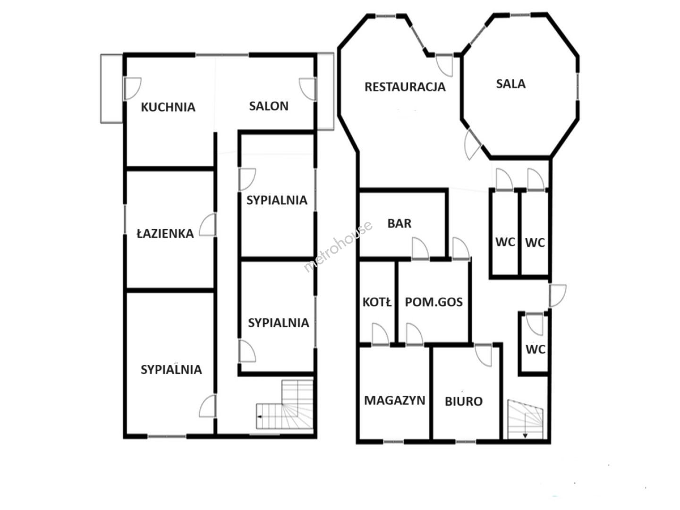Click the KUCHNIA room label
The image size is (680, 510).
[168, 107]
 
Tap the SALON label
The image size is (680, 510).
[269, 106]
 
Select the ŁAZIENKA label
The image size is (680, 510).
[165, 233]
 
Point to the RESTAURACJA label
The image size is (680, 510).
[405, 87]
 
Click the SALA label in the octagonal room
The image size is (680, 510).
[511, 84]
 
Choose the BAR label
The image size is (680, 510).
[399, 223]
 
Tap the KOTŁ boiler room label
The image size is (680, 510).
[377, 302]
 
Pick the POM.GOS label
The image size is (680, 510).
[433, 302]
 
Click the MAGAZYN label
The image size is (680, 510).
[395, 400]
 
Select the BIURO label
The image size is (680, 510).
[464, 401]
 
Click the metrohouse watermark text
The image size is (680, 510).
[338, 247]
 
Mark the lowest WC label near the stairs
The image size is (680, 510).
[535, 349]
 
